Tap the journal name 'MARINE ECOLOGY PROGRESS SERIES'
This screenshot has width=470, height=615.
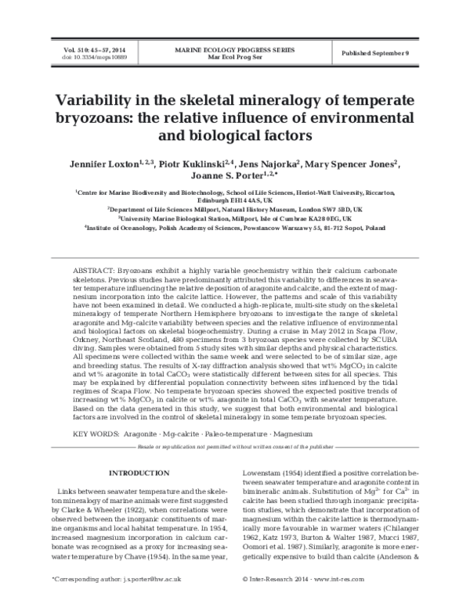point(235,49)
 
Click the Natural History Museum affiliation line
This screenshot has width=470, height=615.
point(234,210)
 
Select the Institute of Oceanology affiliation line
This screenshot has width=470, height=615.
point(234,228)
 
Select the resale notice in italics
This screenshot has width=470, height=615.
point(234,445)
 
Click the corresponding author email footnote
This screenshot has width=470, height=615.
point(117,601)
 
